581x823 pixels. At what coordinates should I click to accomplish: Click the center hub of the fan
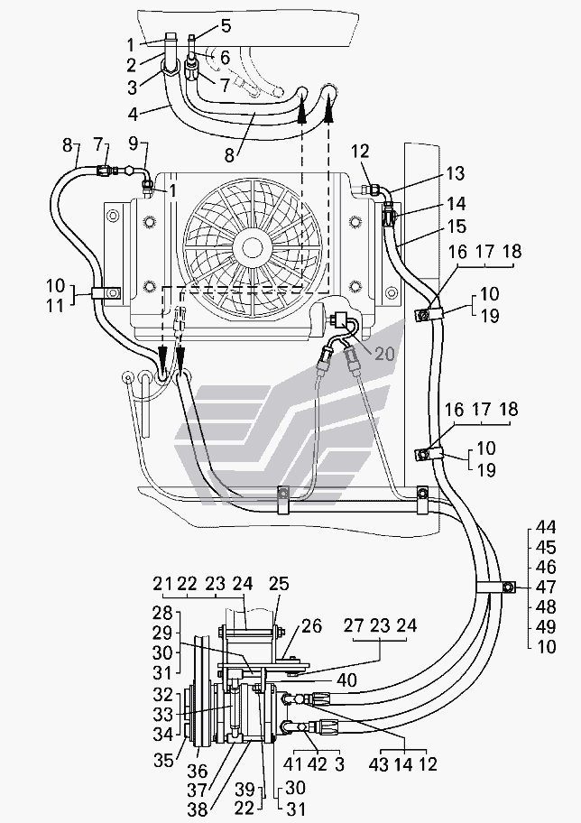(x=251, y=245)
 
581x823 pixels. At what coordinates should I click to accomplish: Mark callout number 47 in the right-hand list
(x=547, y=587)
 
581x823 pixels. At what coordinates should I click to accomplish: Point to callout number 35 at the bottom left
(x=161, y=760)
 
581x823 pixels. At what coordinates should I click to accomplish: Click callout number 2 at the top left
(x=131, y=64)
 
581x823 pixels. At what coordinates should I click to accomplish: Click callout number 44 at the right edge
(x=547, y=527)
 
